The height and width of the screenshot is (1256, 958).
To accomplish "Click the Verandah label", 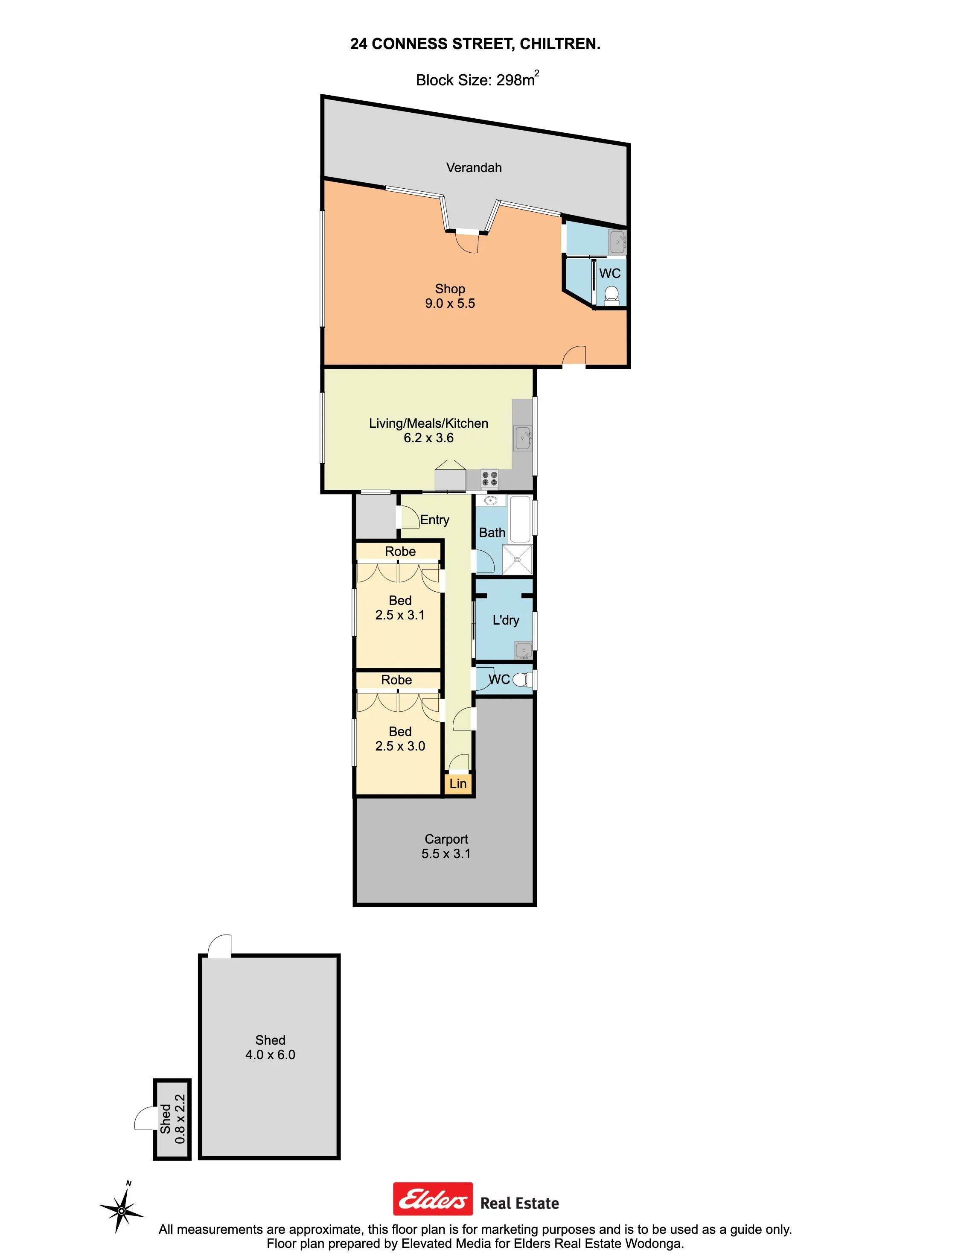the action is (x=474, y=168).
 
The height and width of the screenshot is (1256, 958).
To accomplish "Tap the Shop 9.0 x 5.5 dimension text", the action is (x=450, y=304).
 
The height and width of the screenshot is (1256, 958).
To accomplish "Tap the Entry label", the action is (x=434, y=520).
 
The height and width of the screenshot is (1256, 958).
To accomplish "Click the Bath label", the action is (x=492, y=533).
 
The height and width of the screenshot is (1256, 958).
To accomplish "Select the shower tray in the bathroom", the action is (x=518, y=560).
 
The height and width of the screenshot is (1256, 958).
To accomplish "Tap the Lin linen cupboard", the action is (x=458, y=784).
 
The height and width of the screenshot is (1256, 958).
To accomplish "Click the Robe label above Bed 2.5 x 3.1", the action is (x=400, y=552).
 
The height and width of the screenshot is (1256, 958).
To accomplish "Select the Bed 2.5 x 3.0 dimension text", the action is (x=400, y=746).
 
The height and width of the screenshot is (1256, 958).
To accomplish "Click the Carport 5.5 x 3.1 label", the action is (x=446, y=847).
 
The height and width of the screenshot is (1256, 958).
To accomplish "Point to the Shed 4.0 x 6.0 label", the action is (x=270, y=1047).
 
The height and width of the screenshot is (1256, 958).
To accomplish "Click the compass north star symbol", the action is (x=122, y=1210).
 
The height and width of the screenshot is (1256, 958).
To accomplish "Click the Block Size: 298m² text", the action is (x=477, y=79).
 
